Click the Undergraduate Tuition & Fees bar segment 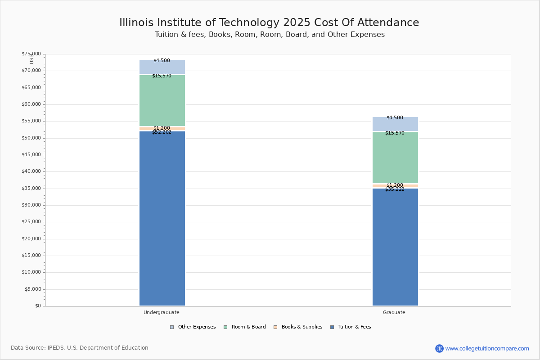pos(162,218)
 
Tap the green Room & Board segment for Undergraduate pos(162,100)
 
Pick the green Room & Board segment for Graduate pos(395,157)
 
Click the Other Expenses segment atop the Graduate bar pos(395,124)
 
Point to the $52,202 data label pos(162,132)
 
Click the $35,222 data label pos(395,189)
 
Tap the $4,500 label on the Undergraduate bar pos(162,61)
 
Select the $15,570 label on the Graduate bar pos(395,133)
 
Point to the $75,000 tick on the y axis pos(31,54)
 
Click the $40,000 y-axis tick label pos(31,171)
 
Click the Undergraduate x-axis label pos(162,312)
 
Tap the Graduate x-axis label pos(394,312)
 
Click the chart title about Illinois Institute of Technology pos(269,22)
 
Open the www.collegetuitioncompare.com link pos(487,348)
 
